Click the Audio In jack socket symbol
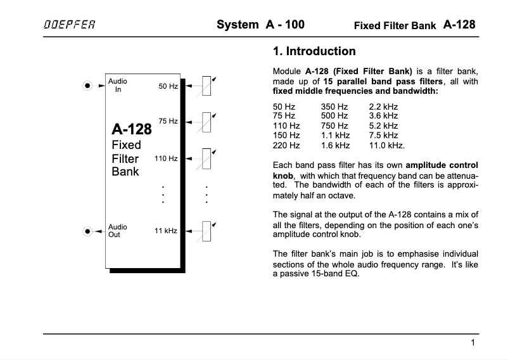pos(89,86)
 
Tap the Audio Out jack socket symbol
pos(89,231)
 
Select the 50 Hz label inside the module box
pos(168,86)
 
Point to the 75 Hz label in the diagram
pos(168,120)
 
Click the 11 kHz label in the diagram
pos(166,231)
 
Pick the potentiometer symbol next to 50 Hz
pos(207,86)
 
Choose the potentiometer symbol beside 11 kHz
pos(207,231)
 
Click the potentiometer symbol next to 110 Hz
pos(207,158)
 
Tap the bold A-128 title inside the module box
pos(132,129)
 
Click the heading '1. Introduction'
pos(314,51)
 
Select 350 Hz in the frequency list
pos(334,107)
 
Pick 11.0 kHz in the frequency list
pos(386,145)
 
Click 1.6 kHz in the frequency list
pos(336,145)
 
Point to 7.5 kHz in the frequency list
pos(383,136)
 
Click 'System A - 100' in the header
pos(260,25)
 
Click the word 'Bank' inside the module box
pos(125,171)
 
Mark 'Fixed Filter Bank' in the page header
pos(395,26)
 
